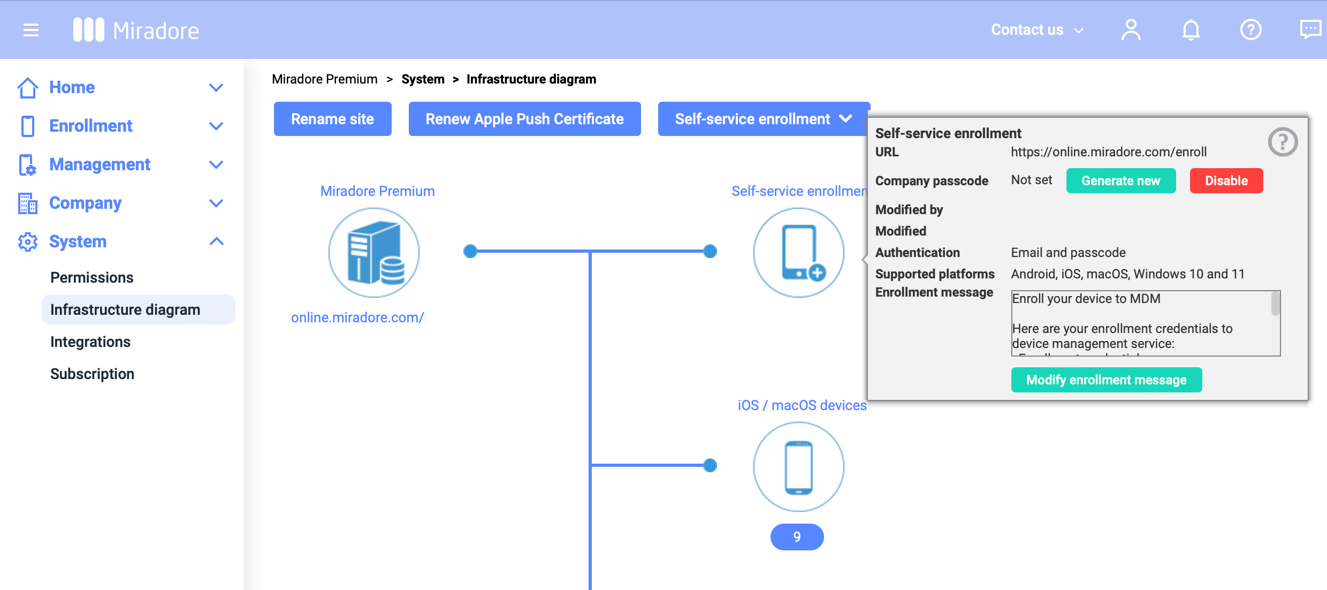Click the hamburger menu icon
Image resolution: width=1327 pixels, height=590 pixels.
point(31,30)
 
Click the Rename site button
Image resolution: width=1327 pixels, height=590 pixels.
point(332,119)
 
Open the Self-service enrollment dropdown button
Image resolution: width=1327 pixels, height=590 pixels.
point(763,119)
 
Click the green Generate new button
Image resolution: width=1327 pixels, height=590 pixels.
point(1120,181)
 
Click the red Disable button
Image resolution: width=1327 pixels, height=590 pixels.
point(1226,181)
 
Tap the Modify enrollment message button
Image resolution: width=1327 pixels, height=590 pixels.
point(1106,380)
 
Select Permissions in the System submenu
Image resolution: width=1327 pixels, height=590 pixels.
point(91,277)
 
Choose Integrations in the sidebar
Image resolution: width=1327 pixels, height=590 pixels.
point(90,342)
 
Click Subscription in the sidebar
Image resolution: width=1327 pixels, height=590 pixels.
point(92,374)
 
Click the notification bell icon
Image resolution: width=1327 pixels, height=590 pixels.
point(1191,30)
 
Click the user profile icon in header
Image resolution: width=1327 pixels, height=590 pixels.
point(1131,30)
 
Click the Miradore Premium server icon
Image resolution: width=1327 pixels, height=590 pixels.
point(373,253)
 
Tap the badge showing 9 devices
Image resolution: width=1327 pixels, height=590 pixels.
point(797,537)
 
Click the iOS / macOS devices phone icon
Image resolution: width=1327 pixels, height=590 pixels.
point(798,467)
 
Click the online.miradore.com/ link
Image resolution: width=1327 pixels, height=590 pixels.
point(357,317)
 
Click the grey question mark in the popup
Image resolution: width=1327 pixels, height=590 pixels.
point(1283,142)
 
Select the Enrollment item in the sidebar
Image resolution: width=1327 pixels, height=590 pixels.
point(90,126)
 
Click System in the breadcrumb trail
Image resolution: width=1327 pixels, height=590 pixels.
point(423,79)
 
